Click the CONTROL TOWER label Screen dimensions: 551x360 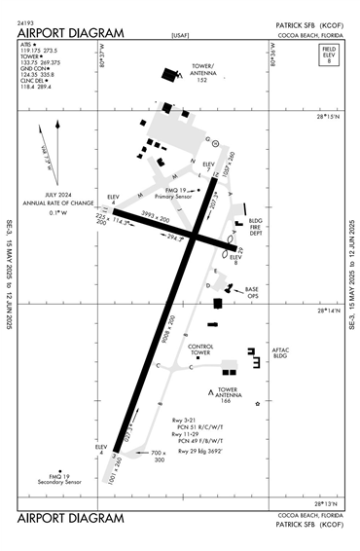pyautogui.click(x=200, y=349)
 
